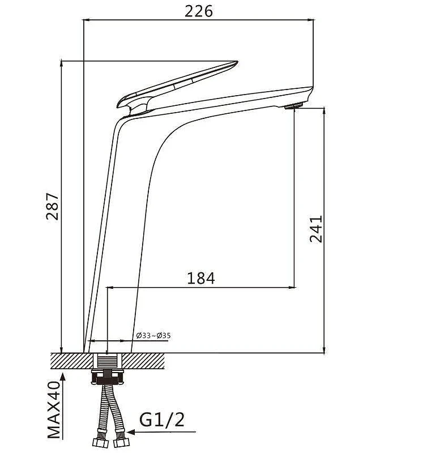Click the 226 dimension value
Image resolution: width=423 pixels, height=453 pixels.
pyautogui.click(x=199, y=11)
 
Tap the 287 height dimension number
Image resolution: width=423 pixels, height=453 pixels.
pyautogui.click(x=53, y=206)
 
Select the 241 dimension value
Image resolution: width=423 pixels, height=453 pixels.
pyautogui.click(x=315, y=229)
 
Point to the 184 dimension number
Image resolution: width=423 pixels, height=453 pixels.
pyautogui.click(x=201, y=279)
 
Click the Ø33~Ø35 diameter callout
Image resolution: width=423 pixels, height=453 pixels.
pyautogui.click(x=153, y=335)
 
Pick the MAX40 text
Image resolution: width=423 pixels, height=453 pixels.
pyautogui.click(x=54, y=410)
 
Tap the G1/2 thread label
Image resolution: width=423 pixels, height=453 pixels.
pyautogui.click(x=161, y=420)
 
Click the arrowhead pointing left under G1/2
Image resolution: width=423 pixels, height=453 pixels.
pyautogui.click(x=131, y=432)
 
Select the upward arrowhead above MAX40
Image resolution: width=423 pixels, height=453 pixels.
pyautogui.click(x=63, y=377)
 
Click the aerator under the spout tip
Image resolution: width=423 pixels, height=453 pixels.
pyautogui.click(x=293, y=106)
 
